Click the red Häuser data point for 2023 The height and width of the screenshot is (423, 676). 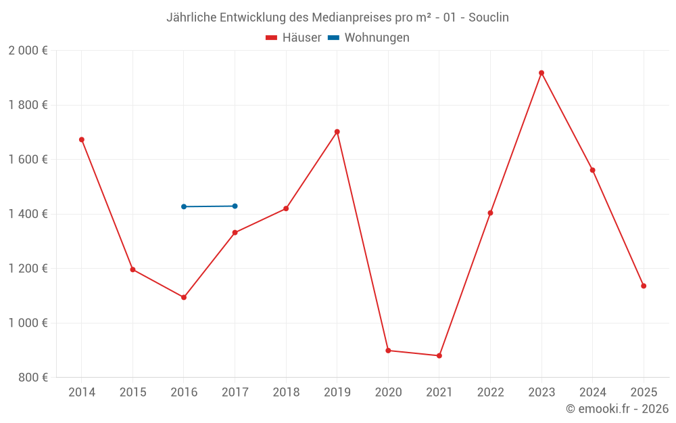point(541,73)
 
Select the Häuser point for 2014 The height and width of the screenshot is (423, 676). point(82,139)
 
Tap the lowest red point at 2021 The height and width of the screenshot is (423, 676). point(439,355)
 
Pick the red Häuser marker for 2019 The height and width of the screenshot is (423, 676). point(337,132)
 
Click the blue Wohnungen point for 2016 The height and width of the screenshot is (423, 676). point(184,206)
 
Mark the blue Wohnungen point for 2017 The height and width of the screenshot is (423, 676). point(235,206)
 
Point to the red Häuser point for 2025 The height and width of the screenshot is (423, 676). point(644,286)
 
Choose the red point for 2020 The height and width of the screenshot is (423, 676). point(388,351)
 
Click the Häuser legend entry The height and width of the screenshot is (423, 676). point(293,38)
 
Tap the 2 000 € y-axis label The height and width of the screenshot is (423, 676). point(28,51)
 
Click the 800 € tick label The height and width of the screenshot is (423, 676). point(32,377)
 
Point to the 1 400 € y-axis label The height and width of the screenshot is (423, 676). point(28,214)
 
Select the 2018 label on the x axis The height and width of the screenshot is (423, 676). point(286,393)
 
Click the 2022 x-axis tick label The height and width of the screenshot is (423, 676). point(490,393)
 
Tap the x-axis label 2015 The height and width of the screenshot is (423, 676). point(132,393)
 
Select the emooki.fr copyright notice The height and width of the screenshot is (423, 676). point(617,409)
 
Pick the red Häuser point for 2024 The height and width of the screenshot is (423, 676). point(593,170)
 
